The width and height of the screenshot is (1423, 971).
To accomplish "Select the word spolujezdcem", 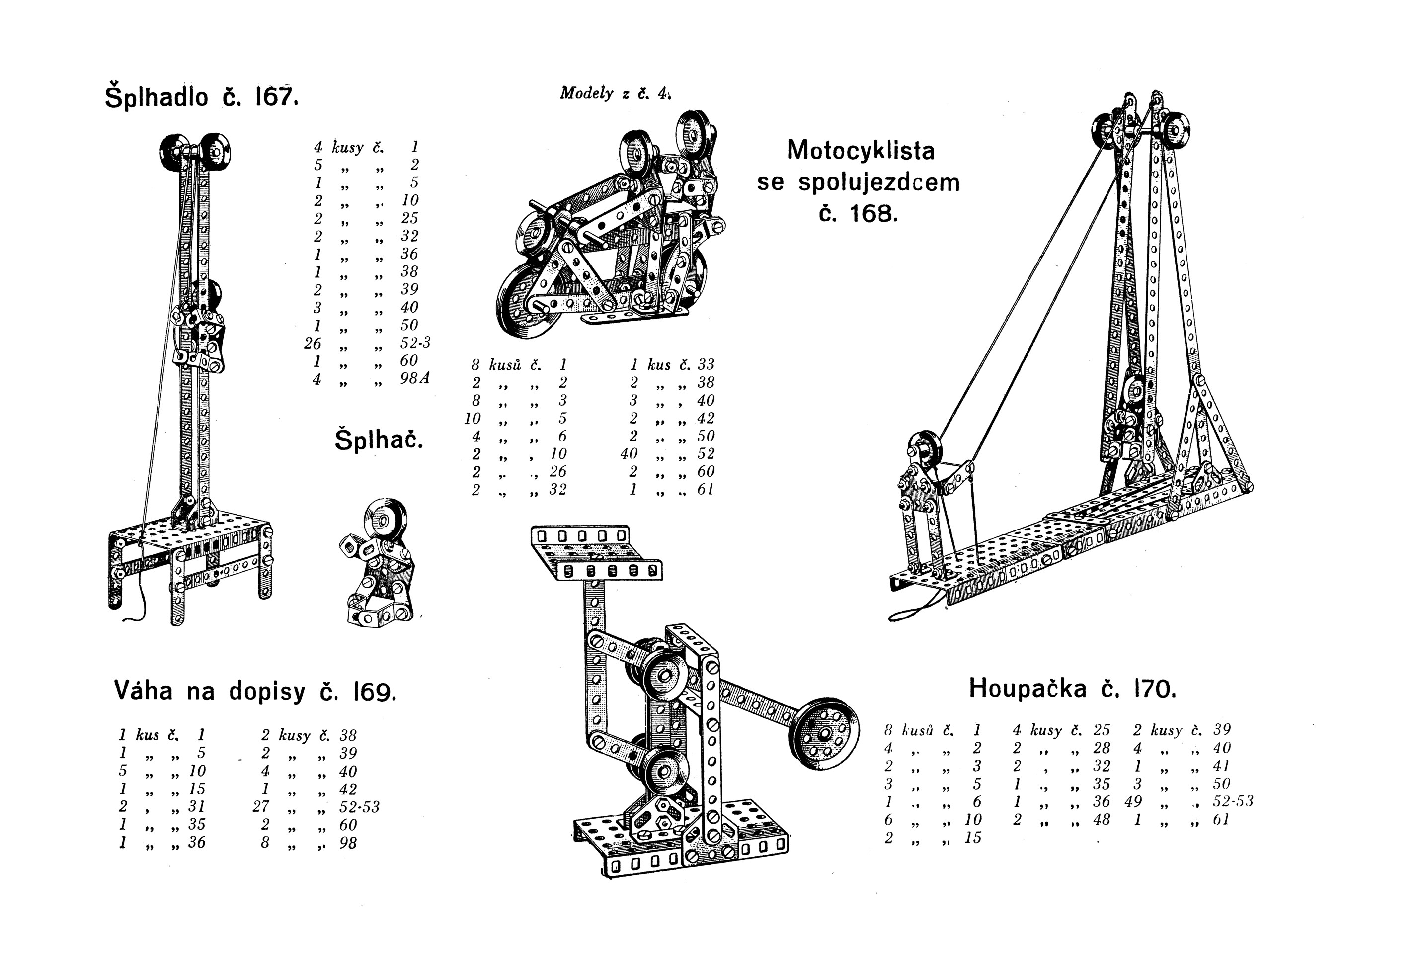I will pyautogui.click(x=879, y=182).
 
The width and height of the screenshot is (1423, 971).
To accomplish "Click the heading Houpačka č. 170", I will pyautogui.click(x=1072, y=689).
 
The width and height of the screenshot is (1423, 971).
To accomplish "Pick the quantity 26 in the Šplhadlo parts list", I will pyautogui.click(x=313, y=343).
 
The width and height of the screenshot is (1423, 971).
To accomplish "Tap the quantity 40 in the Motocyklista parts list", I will pyautogui.click(x=629, y=454).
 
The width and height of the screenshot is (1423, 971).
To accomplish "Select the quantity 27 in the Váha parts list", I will pyautogui.click(x=261, y=807).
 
